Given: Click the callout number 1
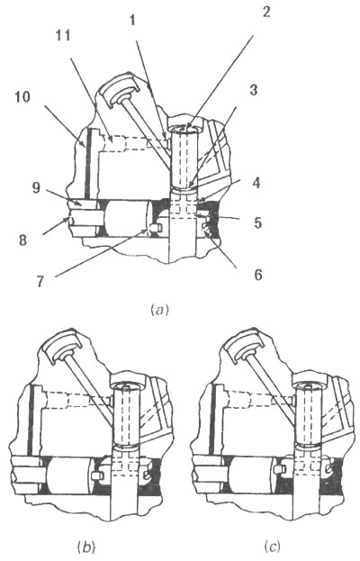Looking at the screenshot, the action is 132,21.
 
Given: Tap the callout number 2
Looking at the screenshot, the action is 265,12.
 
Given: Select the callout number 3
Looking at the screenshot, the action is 253,90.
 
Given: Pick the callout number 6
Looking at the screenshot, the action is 258,275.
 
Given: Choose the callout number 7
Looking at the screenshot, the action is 40,282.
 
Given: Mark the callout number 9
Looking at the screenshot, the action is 36,187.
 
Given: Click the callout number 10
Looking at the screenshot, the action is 22,97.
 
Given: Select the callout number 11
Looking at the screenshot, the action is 63,36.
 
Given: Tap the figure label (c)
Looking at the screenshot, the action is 272,547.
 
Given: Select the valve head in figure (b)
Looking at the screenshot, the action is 61,345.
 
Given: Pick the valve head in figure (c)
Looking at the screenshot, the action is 244,345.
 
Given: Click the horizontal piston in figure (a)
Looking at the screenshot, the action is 128,219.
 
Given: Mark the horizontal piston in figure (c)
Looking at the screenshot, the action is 252,475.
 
